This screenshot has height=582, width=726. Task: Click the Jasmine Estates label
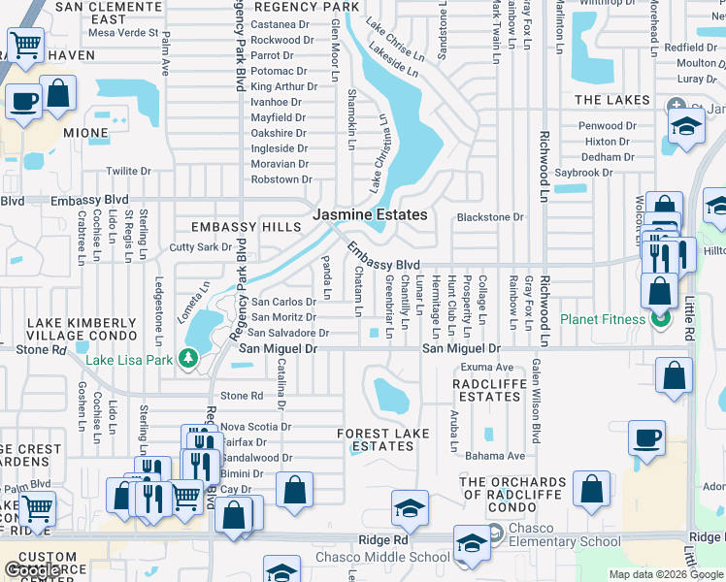[x=370, y=214]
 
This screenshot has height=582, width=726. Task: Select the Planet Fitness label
[x=602, y=319]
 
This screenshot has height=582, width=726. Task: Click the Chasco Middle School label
[x=382, y=557]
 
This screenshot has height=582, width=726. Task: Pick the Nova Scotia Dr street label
[x=256, y=426]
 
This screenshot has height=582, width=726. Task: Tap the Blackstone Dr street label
[x=490, y=218]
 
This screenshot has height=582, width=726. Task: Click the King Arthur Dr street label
[x=284, y=86]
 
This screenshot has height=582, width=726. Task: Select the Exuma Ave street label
[x=487, y=368]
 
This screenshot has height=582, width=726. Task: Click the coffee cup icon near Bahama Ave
[x=646, y=437]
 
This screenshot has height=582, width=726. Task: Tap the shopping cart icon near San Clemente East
[x=25, y=45]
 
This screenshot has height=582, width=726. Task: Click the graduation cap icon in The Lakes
[x=686, y=127]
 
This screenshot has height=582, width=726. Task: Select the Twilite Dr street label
[x=128, y=171]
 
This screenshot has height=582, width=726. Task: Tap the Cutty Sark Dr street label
[x=200, y=247]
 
